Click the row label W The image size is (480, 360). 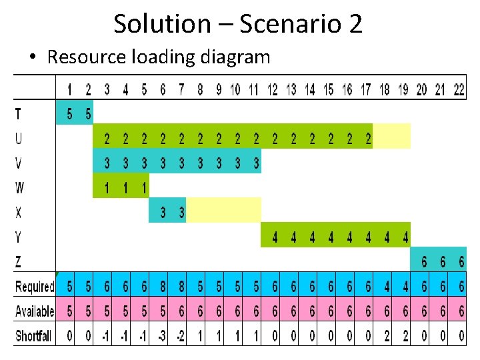click(19, 187)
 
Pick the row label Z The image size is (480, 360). click(18, 262)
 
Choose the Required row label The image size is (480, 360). click(35, 287)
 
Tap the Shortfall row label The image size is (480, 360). click(33, 336)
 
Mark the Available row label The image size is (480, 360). click(35, 311)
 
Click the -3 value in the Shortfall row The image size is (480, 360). click(162, 336)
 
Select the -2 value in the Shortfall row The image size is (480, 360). click(181, 336)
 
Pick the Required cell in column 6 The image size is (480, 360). click(163, 287)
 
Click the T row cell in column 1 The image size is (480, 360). click(70, 115)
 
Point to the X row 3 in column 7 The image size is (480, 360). click(181, 213)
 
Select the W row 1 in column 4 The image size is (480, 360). click(125, 187)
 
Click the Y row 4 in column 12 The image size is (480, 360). click(275, 237)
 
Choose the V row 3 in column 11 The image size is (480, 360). click(256, 163)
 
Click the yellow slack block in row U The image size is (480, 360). click(391, 139)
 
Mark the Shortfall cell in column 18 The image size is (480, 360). click(387, 336)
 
